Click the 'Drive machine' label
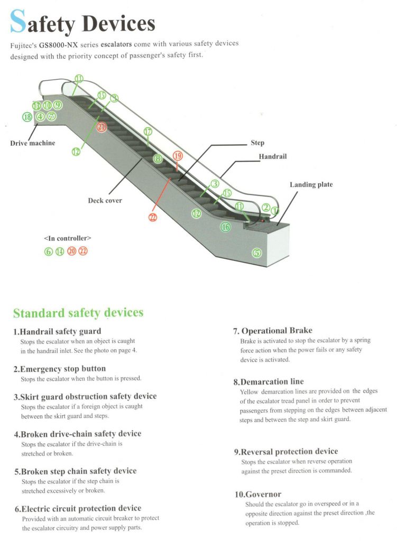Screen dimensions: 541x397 [x=33, y=143]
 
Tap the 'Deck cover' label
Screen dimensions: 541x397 [x=105, y=201]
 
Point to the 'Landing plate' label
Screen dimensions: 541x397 [x=311, y=184]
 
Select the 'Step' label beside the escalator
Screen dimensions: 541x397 [x=257, y=143]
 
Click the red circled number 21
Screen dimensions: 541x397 [x=102, y=127]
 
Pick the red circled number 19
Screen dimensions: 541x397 [x=178, y=155]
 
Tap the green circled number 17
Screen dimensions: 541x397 [x=148, y=132]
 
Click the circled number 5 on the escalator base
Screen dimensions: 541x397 [x=257, y=253]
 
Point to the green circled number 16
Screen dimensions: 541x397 [x=226, y=227]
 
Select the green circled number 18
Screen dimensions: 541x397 [x=26, y=117]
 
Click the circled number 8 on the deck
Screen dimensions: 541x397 [x=158, y=158]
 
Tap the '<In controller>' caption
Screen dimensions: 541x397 [x=68, y=238]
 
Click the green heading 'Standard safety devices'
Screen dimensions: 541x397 [x=78, y=313]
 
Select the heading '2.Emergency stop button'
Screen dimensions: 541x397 [x=60, y=369]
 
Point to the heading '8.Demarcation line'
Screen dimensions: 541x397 [x=269, y=381]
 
